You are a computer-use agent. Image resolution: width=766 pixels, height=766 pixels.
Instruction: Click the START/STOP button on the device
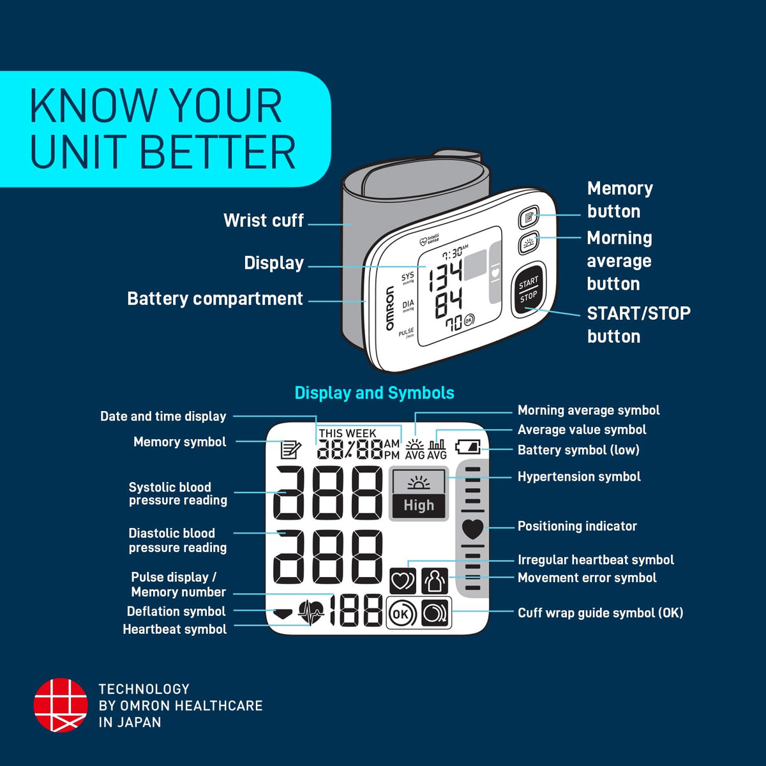click(x=529, y=289)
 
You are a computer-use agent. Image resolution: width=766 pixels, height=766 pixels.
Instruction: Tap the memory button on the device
click(x=529, y=217)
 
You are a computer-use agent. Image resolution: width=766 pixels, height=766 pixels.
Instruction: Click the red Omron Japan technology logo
click(x=61, y=705)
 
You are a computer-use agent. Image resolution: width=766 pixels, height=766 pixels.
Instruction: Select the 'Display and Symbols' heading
click(x=375, y=393)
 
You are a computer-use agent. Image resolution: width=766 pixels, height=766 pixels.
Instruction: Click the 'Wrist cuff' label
click(x=263, y=220)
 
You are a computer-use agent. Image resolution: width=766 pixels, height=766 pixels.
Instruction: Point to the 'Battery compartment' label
click(x=215, y=299)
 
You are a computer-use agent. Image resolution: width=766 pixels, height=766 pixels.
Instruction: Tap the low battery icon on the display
click(x=468, y=446)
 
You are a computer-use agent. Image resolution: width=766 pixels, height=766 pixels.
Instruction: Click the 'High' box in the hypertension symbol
click(x=419, y=506)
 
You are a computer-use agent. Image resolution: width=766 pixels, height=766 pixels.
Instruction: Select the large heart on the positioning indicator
click(x=472, y=529)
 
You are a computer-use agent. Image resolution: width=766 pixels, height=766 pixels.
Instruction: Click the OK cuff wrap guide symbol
click(x=402, y=613)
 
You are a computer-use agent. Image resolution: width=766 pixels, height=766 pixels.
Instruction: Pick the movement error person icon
click(x=435, y=581)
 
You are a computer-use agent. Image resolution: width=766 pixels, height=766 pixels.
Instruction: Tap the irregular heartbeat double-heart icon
click(x=403, y=581)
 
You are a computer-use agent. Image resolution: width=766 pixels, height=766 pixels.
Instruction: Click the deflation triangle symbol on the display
click(x=283, y=613)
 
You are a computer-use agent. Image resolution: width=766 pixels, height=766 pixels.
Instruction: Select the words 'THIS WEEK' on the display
click(x=347, y=433)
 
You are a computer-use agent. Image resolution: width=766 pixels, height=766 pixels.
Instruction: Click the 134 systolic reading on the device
click(x=445, y=276)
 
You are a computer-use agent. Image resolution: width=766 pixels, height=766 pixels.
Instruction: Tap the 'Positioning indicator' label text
click(x=577, y=526)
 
